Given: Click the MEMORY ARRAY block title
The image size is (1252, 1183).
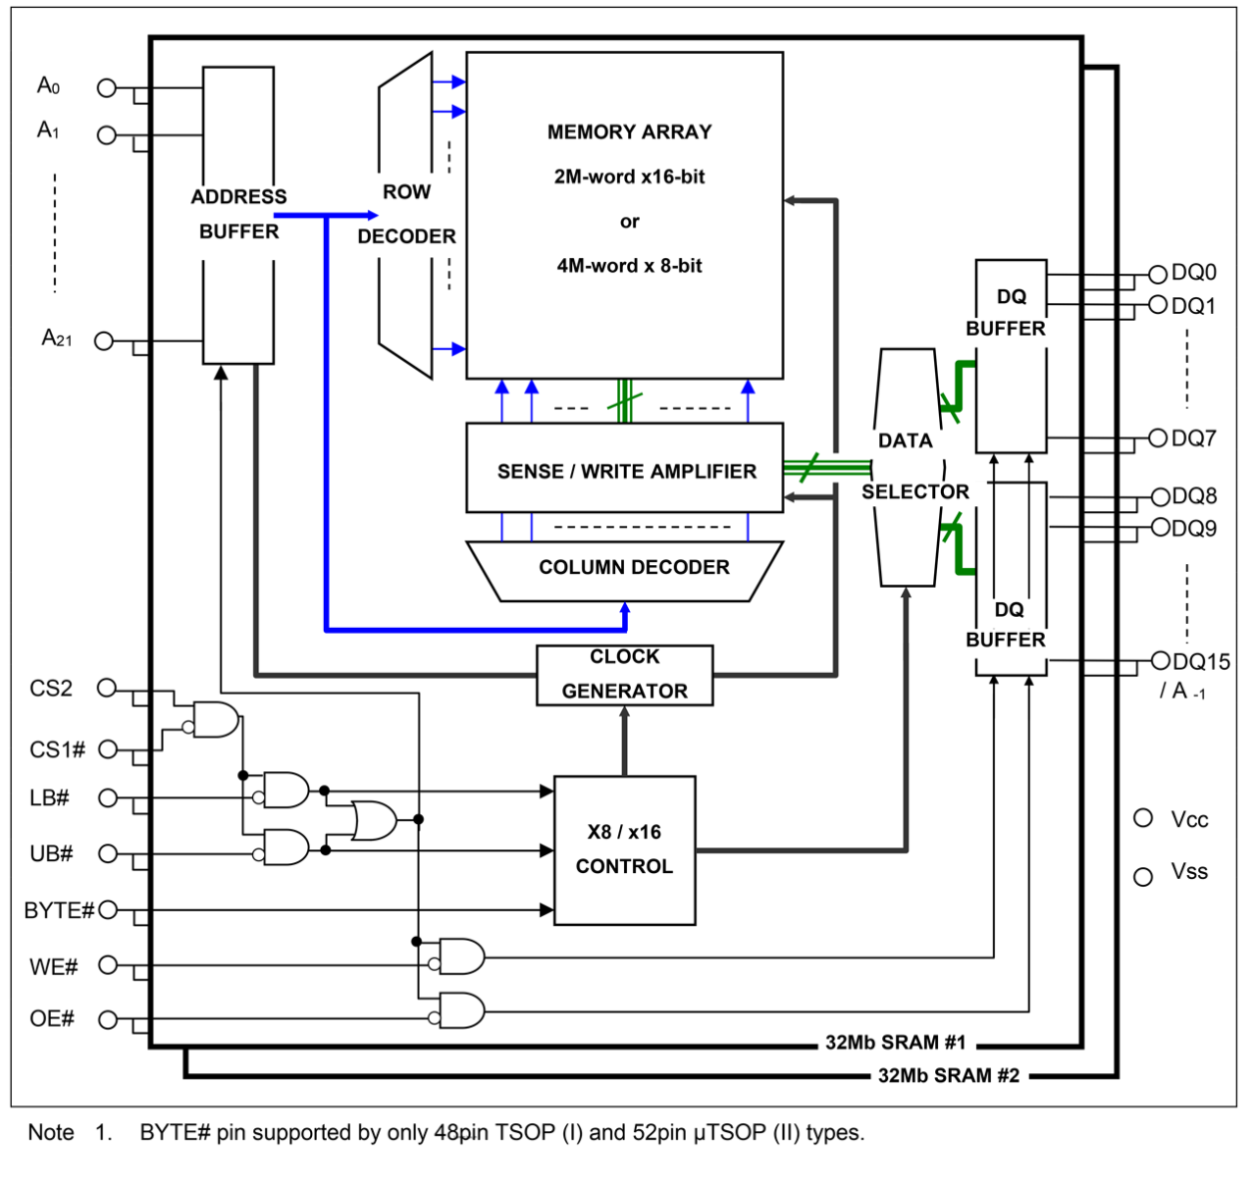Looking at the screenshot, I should pos(629,132).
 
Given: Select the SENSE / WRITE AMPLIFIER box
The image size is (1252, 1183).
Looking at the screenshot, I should pos(625,469).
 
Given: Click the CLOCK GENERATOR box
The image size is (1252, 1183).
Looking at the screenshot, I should pos(625,675).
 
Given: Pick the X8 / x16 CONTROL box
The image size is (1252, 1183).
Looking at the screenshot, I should pos(624,849).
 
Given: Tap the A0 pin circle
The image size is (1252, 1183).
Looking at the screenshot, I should pos(107,88).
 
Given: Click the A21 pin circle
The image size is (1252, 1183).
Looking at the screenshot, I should pos(104,341).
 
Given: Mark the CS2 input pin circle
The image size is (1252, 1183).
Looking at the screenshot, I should pos(107,688).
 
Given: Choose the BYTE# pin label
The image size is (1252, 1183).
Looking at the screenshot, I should pos(59,911).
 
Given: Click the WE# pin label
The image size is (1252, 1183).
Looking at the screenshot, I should pos(54,967).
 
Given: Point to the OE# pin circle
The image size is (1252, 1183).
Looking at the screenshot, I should pos(108,1019).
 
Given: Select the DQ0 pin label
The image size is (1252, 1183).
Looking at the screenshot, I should pos(1193,273).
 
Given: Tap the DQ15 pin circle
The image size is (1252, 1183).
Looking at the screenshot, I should pos(1159,661).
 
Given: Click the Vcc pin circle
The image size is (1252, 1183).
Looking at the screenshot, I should pos(1143,818).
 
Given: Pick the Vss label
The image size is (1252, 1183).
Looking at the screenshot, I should pos(1189,872).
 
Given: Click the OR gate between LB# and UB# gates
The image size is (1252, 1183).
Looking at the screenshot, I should pos(374,820).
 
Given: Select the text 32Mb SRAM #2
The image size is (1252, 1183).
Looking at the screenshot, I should pos(948,1075).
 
